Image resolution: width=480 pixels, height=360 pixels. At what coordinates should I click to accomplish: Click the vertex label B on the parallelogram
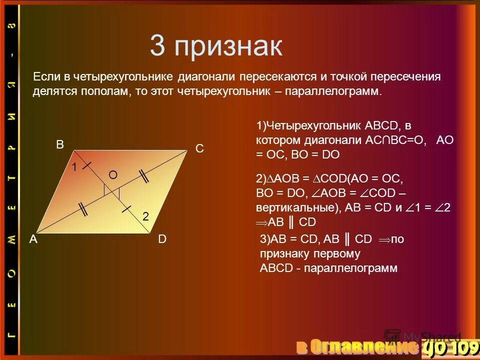(x=60, y=145)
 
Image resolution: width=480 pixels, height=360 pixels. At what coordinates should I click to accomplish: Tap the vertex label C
(x=199, y=149)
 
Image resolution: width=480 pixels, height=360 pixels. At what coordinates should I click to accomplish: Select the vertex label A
(x=33, y=239)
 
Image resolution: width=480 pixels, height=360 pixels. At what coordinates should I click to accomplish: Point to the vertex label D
(x=162, y=239)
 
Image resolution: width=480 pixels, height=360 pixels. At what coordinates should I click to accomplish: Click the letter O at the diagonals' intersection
(x=113, y=174)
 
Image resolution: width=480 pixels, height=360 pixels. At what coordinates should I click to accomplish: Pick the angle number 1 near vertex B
(x=73, y=168)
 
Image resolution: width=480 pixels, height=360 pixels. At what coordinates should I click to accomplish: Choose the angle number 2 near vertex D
(x=145, y=216)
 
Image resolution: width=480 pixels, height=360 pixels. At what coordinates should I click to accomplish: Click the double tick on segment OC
(x=144, y=176)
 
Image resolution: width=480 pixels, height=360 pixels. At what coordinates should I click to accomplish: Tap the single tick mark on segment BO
(x=87, y=163)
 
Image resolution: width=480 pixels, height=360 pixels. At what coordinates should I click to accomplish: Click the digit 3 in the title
(x=157, y=47)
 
